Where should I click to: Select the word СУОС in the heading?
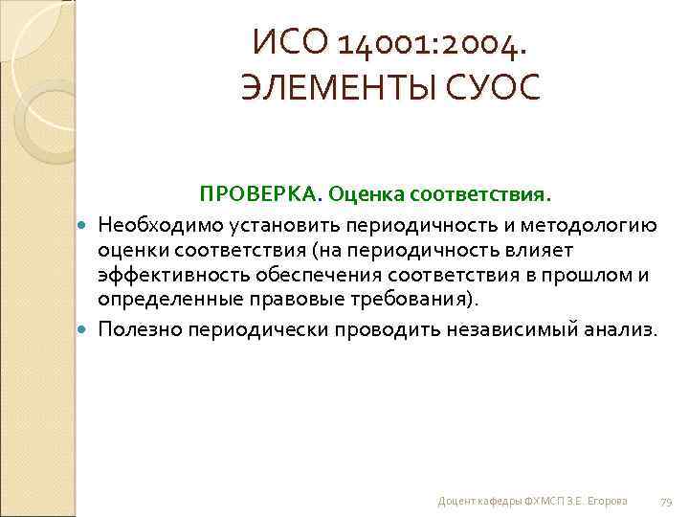500,87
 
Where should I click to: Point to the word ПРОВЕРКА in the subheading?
259,195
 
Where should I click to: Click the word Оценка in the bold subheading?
366,195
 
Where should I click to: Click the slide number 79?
667,502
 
